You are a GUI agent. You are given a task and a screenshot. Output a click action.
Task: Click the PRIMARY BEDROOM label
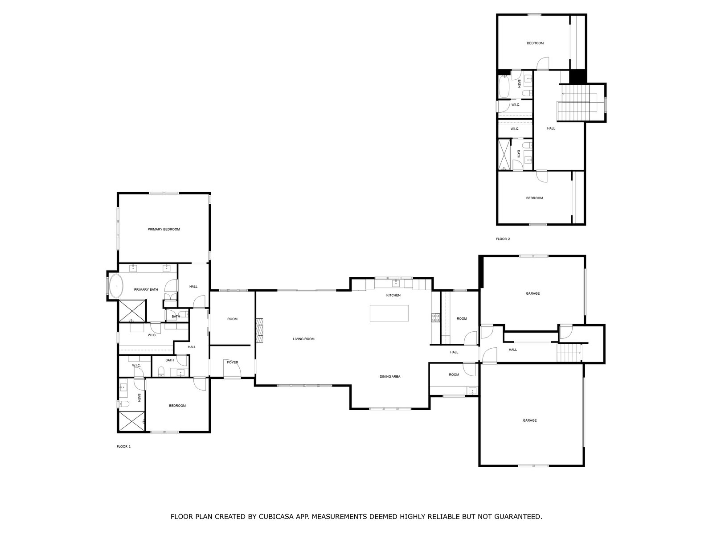click(164, 229)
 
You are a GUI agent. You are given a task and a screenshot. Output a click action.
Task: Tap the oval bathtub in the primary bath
click(116, 286)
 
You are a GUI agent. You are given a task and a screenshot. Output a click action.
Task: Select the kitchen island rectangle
click(389, 313)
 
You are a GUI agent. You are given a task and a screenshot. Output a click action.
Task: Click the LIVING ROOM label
click(303, 339)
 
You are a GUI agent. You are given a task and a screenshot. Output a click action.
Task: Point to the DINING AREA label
click(390, 377)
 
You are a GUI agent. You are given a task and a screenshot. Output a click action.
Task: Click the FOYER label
click(233, 362)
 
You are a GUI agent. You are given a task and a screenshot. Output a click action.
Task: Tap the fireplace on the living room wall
click(259, 330)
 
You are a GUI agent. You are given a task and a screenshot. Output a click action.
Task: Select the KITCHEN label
click(393, 295)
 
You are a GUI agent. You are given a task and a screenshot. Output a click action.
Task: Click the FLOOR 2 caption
click(503, 239)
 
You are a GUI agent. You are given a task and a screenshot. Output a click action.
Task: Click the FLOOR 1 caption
click(123, 447)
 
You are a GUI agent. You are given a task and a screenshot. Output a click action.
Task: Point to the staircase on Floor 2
click(578, 103)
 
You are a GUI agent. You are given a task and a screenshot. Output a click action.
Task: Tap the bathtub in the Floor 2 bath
click(504, 86)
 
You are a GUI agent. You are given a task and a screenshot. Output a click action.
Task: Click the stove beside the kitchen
click(435, 318)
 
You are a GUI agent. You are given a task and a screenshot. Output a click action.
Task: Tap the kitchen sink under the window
click(396, 283)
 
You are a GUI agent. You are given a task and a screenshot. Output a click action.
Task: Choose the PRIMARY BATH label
click(146, 290)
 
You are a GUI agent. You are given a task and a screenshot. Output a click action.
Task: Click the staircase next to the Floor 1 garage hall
click(569, 353)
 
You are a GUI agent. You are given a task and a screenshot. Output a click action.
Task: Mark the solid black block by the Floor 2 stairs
click(578, 76)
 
